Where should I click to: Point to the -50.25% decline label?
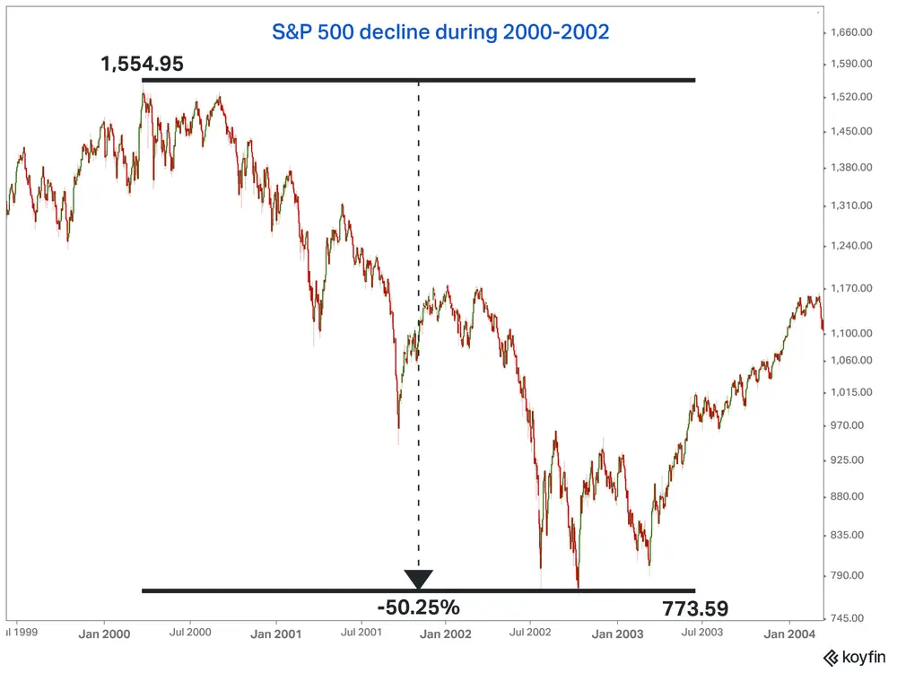[x=418, y=607]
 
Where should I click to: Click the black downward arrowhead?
[x=418, y=579]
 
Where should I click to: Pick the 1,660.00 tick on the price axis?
[x=853, y=32]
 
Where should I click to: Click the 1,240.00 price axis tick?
[x=853, y=245]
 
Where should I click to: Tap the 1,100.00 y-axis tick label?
[x=853, y=333]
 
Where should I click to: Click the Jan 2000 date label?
[x=104, y=634]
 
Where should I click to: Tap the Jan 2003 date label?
[x=617, y=634]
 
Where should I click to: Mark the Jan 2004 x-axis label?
[x=788, y=634]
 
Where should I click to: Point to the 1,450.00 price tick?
[x=853, y=131]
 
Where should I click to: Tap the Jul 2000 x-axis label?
[x=189, y=634]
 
